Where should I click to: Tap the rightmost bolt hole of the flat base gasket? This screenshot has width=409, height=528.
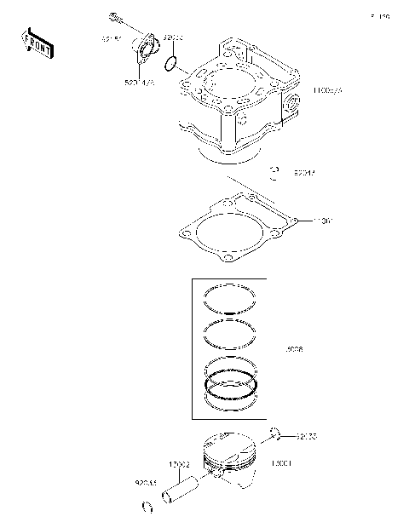coord(294,222)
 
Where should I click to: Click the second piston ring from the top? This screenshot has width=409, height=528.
coord(231,331)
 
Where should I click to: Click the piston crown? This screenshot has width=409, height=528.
coord(232,448)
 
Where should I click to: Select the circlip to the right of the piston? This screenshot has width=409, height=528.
coord(275,436)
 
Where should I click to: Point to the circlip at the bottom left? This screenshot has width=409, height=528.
coord(147,508)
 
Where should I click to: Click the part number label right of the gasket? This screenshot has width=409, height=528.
coord(324,221)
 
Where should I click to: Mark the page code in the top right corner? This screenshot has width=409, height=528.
coord(379,16)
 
